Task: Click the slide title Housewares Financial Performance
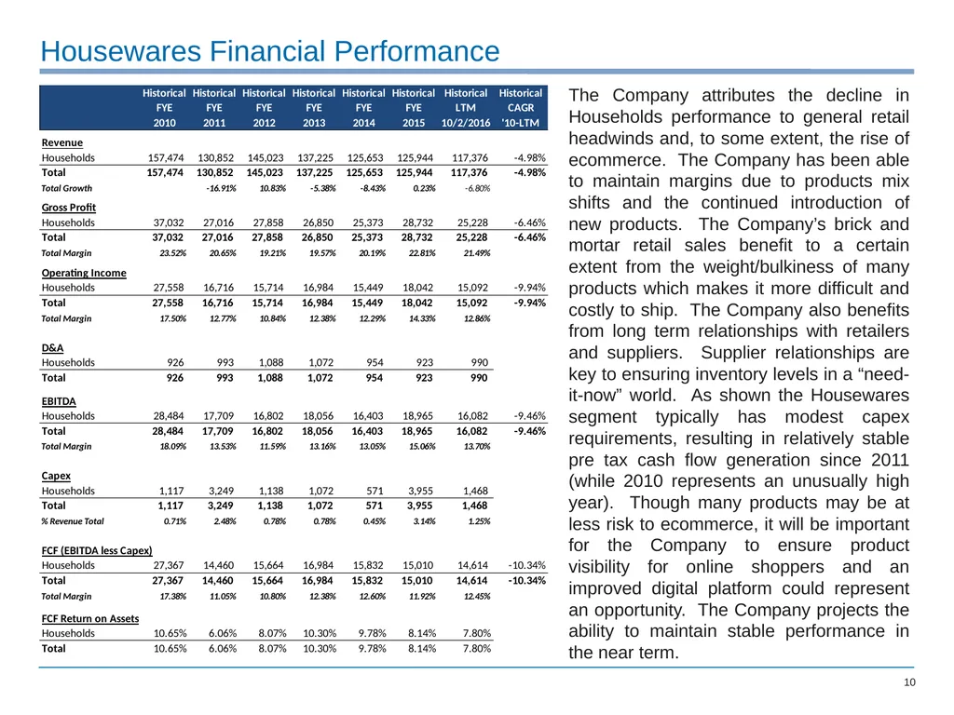click(270, 51)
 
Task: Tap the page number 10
click(909, 682)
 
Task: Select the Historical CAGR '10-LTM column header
click(520, 108)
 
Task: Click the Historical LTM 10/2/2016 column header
click(466, 108)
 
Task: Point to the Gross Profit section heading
click(69, 208)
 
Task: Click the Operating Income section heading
click(84, 273)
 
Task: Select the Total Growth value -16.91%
click(221, 188)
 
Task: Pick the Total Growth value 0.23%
click(424, 188)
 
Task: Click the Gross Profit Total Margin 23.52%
click(172, 253)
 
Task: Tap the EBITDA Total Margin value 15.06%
click(422, 446)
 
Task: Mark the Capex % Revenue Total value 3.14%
click(424, 521)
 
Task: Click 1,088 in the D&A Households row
click(271, 362)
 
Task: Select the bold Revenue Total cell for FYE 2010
click(165, 172)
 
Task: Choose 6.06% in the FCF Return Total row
click(223, 649)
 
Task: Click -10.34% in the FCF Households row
click(527, 565)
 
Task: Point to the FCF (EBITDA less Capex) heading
click(97, 550)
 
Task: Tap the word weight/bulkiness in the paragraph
click(812, 267)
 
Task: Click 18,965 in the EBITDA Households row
click(417, 416)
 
